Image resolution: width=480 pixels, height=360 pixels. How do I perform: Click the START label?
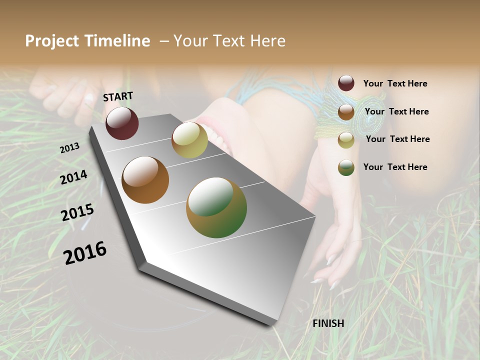pos(118,96)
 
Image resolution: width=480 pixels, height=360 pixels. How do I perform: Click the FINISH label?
pos(328,323)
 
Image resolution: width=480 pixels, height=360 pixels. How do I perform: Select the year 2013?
pos(70,148)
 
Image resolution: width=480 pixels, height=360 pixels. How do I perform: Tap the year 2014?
pos(74,177)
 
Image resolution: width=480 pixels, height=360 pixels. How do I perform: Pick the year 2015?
pos(77,212)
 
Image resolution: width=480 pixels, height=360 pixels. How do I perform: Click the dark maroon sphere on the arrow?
pos(122,123)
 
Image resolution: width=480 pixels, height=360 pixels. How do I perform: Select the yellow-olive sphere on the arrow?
pos(189,139)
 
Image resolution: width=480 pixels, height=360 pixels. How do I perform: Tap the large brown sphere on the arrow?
pos(145,180)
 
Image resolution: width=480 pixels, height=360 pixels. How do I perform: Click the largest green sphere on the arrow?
pos(216,207)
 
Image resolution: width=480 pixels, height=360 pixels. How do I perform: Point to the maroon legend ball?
pos(346,83)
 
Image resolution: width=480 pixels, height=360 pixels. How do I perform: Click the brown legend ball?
pos(346,112)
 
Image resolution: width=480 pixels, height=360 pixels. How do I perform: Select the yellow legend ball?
pos(346,140)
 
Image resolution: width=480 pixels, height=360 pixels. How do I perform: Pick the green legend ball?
pos(346,167)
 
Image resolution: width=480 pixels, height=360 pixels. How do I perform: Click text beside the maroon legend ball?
pos(395,83)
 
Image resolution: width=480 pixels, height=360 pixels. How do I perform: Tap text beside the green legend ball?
pos(395,167)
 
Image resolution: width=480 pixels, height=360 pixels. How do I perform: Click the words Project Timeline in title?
pos(87,41)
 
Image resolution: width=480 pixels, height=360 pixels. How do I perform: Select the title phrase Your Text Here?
pos(229,41)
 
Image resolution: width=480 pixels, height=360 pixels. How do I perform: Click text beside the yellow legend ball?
pos(397,139)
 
